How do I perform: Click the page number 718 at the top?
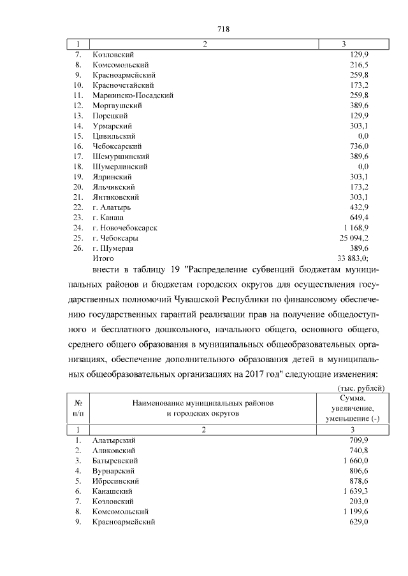(223, 29)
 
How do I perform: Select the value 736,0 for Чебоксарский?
(359, 146)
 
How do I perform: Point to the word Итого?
(103, 258)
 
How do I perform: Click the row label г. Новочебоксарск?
(125, 228)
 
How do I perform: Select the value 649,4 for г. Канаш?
(359, 218)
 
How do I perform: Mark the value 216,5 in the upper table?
(359, 65)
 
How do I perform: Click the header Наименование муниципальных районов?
(203, 403)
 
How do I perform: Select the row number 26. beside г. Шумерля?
(78, 248)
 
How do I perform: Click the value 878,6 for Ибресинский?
(359, 481)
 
